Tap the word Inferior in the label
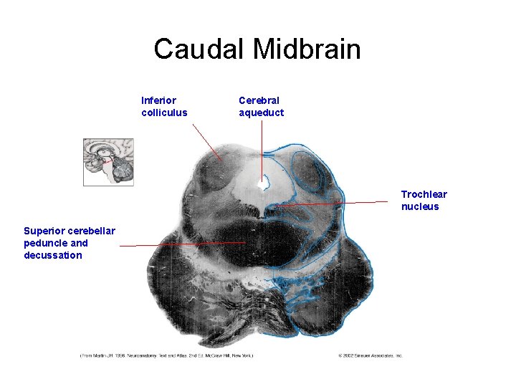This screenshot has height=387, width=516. pos(158,100)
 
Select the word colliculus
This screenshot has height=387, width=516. pos(164,113)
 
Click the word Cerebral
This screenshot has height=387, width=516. pos(259,100)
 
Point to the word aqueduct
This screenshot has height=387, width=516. pos(261,113)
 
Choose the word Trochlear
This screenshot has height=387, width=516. pos(424,194)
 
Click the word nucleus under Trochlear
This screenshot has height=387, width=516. pos(420,206)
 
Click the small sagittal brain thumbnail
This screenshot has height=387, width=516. pos(108,163)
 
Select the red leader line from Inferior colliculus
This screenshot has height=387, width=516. pos(206,141)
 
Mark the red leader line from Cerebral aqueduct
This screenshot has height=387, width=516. pos(262,147)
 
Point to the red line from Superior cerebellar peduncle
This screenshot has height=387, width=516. pos(179,244)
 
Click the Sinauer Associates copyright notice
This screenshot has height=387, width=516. pos(370,355)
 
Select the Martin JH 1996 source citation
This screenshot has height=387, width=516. pos(166,355)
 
